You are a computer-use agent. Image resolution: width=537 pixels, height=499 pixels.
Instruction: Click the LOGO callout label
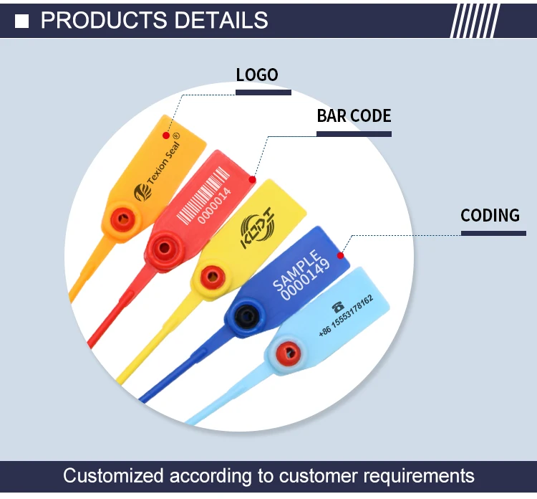coord(257,75)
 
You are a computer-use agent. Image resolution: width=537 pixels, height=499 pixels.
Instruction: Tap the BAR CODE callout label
coord(354,115)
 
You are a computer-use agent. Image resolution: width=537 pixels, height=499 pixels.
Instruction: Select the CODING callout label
coord(490,215)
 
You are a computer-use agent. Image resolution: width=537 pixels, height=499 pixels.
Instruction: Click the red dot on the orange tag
coord(166,136)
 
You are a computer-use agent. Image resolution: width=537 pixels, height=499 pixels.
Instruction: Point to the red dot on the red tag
coord(253,180)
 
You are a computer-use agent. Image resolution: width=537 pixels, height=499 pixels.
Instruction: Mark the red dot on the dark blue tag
coord(340,255)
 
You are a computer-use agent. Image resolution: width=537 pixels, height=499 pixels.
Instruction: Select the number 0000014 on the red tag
coord(214,205)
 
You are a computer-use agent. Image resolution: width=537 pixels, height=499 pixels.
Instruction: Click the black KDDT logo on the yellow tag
coord(257,228)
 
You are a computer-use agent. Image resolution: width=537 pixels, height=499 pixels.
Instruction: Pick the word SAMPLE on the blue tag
coord(296,270)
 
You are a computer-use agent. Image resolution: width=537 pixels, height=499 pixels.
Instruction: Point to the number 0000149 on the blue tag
coord(306,279)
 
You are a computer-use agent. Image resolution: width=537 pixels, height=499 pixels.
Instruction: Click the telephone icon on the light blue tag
coord(338,307)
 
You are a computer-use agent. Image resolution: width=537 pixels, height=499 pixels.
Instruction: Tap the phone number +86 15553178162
coord(346,316)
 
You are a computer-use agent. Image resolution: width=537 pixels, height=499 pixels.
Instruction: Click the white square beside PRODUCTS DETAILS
coord(22,22)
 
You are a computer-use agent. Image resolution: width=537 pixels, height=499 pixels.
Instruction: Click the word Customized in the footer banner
coord(113,475)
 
